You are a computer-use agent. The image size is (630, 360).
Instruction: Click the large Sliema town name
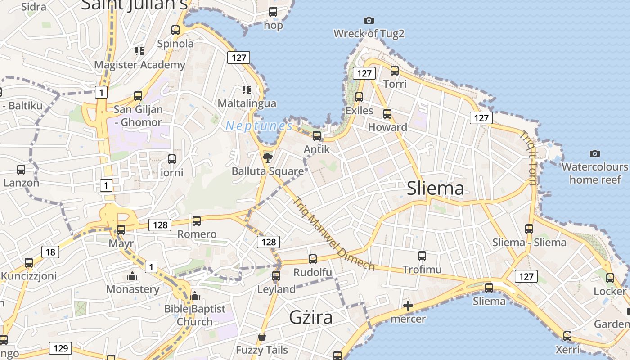[x=435, y=188]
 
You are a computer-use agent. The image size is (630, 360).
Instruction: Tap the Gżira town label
[x=311, y=317]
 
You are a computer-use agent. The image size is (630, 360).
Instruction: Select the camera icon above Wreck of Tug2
[x=369, y=20]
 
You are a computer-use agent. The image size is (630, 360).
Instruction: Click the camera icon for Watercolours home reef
[x=595, y=153]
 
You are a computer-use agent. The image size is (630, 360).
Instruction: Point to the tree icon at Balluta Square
[x=268, y=157]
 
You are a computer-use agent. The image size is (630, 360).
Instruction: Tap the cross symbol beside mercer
[x=408, y=306]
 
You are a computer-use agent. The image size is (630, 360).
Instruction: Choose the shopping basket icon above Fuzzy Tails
[x=262, y=337]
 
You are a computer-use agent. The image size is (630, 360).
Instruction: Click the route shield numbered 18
[x=50, y=252]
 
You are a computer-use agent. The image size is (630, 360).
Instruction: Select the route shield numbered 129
[x=60, y=348]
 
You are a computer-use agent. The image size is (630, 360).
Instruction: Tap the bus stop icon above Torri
[x=395, y=70]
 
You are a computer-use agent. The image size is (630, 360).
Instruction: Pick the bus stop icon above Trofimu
[x=422, y=256]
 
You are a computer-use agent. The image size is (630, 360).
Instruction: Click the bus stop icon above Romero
[x=197, y=221]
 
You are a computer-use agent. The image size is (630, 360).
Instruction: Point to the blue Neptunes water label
[x=259, y=126]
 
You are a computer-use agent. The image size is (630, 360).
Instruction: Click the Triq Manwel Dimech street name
[x=333, y=234]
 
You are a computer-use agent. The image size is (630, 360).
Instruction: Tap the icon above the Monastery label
[x=132, y=275]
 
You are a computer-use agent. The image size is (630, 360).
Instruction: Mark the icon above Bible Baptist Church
[x=194, y=296]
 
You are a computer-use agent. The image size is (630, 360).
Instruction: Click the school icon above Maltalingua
[x=246, y=90]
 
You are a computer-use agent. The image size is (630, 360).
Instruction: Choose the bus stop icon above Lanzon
[x=21, y=170]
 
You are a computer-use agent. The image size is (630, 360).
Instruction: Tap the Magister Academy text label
[x=139, y=65]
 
